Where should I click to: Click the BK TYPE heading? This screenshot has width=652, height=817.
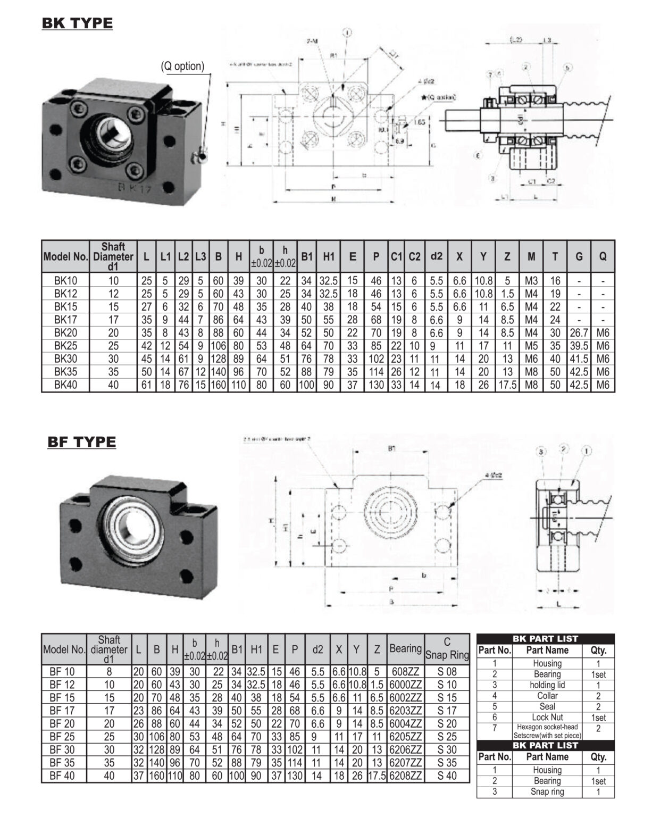(x=77, y=23)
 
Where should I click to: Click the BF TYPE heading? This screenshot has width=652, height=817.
(x=81, y=442)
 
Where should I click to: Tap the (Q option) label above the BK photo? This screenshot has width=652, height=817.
(x=182, y=66)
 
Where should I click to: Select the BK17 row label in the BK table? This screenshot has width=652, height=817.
(x=65, y=320)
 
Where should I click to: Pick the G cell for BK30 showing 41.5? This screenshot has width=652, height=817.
(x=579, y=359)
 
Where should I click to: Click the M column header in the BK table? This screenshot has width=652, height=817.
(x=531, y=257)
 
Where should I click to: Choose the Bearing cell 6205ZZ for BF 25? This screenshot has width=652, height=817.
(x=405, y=737)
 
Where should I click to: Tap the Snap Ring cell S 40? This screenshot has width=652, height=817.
(x=447, y=776)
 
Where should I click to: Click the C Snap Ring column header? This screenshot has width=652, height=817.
(x=447, y=649)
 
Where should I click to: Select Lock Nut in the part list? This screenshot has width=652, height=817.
(x=547, y=717)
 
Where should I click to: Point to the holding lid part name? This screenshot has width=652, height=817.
(x=547, y=685)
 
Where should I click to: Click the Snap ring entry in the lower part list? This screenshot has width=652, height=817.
(x=547, y=791)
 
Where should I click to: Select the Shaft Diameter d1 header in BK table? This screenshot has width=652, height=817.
(x=113, y=257)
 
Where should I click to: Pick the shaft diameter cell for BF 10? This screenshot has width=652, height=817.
(x=108, y=672)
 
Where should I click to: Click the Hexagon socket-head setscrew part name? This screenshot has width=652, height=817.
(x=547, y=731)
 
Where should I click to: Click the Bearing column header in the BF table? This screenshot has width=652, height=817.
(x=405, y=648)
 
